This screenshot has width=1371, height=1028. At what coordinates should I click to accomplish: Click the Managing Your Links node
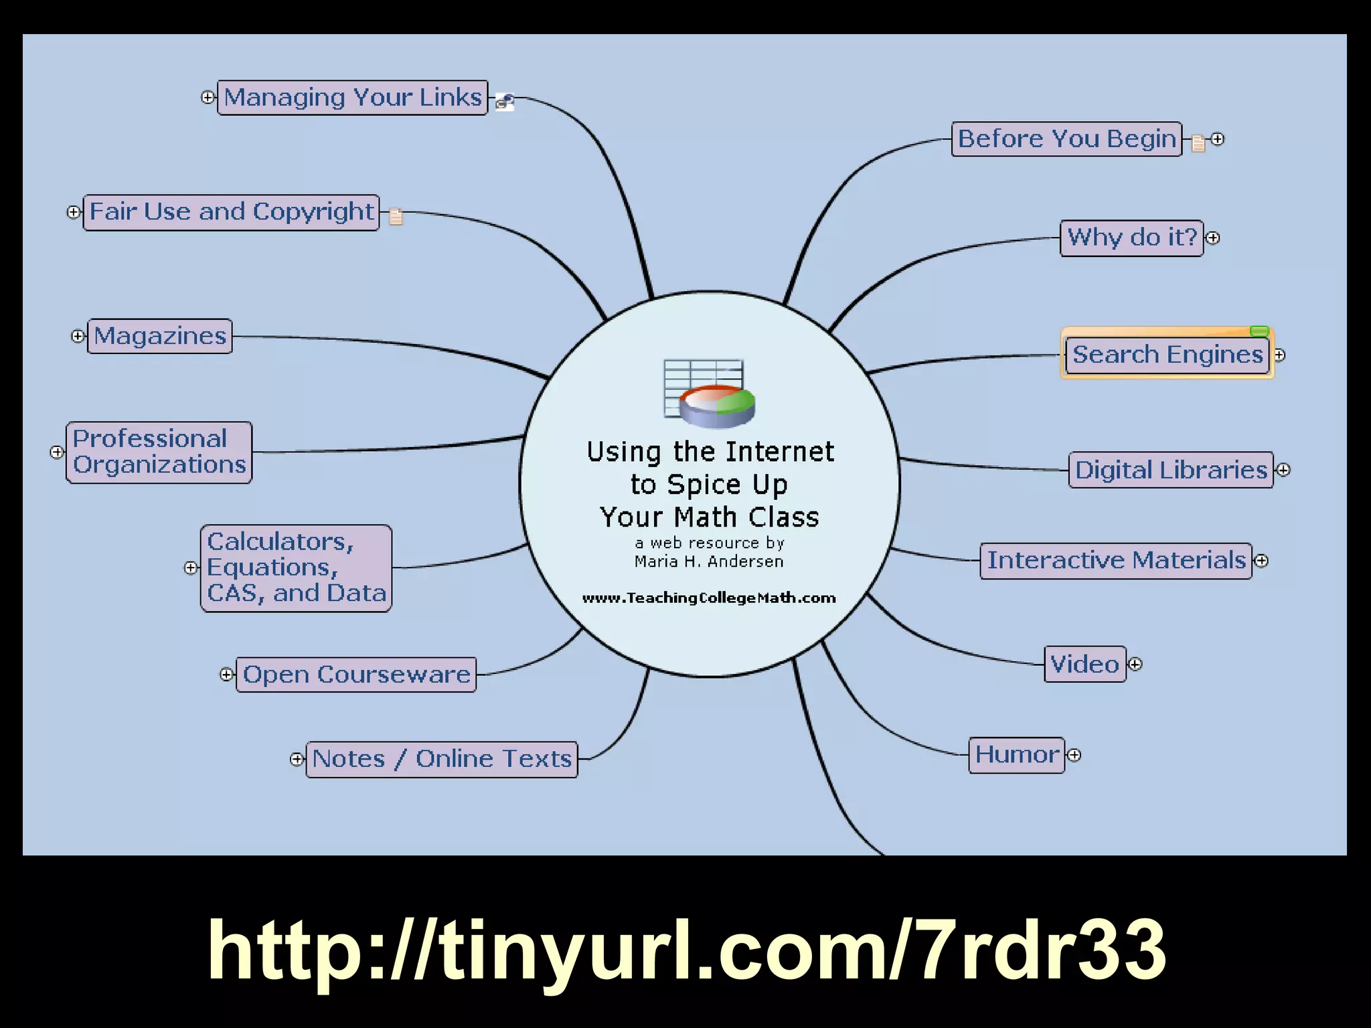pos(353,98)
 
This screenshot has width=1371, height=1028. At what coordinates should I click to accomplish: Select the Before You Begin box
pos(1066,139)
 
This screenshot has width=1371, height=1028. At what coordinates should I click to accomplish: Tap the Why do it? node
pos(1131,238)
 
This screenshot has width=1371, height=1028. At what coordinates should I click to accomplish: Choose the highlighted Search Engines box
pos(1167,354)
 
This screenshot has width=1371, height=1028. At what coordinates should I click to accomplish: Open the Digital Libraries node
pos(1170,470)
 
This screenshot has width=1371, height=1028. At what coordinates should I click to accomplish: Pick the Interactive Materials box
pos(1115,560)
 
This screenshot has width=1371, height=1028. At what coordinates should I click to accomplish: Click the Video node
pos(1084,664)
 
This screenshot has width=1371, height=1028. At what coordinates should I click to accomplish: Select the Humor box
pos(1016,755)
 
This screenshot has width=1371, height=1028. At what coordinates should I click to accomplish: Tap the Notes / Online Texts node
pos(441,759)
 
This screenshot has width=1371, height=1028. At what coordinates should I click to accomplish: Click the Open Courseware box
pos(356,675)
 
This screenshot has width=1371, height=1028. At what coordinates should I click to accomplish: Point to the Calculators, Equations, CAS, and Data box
pos(296,568)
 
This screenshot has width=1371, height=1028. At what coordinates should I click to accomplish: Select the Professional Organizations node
pos(159,452)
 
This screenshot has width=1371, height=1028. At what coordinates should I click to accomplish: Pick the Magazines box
pos(160,336)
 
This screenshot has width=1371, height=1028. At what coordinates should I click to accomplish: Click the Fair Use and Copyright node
pos(231,212)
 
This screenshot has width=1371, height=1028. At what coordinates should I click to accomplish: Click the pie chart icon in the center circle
pos(716,404)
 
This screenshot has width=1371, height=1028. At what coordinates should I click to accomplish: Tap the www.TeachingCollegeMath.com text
pos(709,598)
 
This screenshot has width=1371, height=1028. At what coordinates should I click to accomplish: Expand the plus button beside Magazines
pos(78,336)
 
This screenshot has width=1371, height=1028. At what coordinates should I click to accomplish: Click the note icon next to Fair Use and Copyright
pos(396,216)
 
